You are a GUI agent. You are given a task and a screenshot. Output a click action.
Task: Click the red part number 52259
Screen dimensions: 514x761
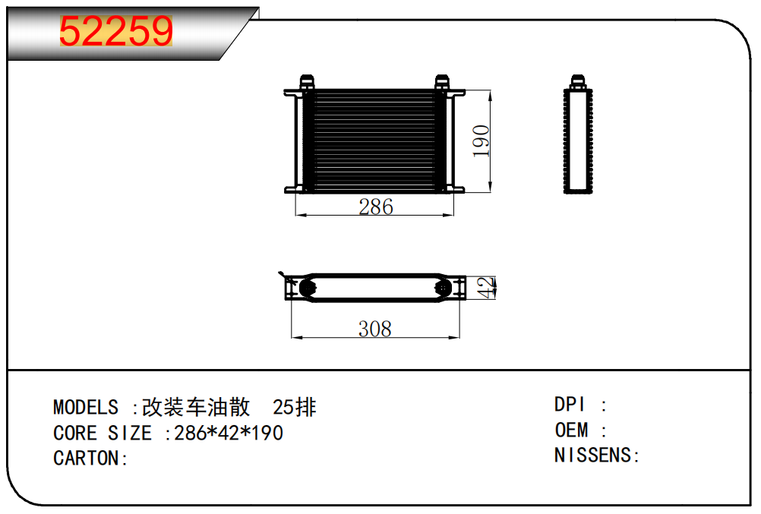(116, 32)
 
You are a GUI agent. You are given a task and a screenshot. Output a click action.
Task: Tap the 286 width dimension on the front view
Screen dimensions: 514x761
(375, 207)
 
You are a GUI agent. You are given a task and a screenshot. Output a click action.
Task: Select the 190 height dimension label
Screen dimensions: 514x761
(482, 140)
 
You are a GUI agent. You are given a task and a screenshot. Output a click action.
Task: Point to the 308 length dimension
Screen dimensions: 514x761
(375, 329)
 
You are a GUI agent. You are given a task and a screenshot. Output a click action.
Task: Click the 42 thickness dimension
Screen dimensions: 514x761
(486, 288)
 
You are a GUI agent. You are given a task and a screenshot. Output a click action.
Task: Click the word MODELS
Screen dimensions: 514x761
(86, 408)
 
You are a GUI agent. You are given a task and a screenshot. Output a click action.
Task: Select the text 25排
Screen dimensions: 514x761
(294, 408)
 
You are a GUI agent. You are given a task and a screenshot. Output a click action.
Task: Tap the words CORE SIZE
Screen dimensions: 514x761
(103, 434)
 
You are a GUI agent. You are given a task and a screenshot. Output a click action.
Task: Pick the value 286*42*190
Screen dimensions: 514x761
(229, 434)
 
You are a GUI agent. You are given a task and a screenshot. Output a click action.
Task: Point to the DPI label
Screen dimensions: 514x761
(570, 405)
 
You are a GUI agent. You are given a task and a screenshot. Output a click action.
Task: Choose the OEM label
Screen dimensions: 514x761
(572, 430)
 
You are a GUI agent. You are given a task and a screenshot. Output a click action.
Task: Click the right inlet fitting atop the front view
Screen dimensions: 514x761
(442, 80)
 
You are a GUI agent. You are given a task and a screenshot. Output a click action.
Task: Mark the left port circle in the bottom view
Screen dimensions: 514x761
(308, 288)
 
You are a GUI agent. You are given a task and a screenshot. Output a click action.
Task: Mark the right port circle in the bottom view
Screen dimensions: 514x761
(442, 288)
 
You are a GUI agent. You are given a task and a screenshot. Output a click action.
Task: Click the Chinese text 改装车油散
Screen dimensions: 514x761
(196, 408)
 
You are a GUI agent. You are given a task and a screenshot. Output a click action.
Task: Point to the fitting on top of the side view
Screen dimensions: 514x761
(578, 80)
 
